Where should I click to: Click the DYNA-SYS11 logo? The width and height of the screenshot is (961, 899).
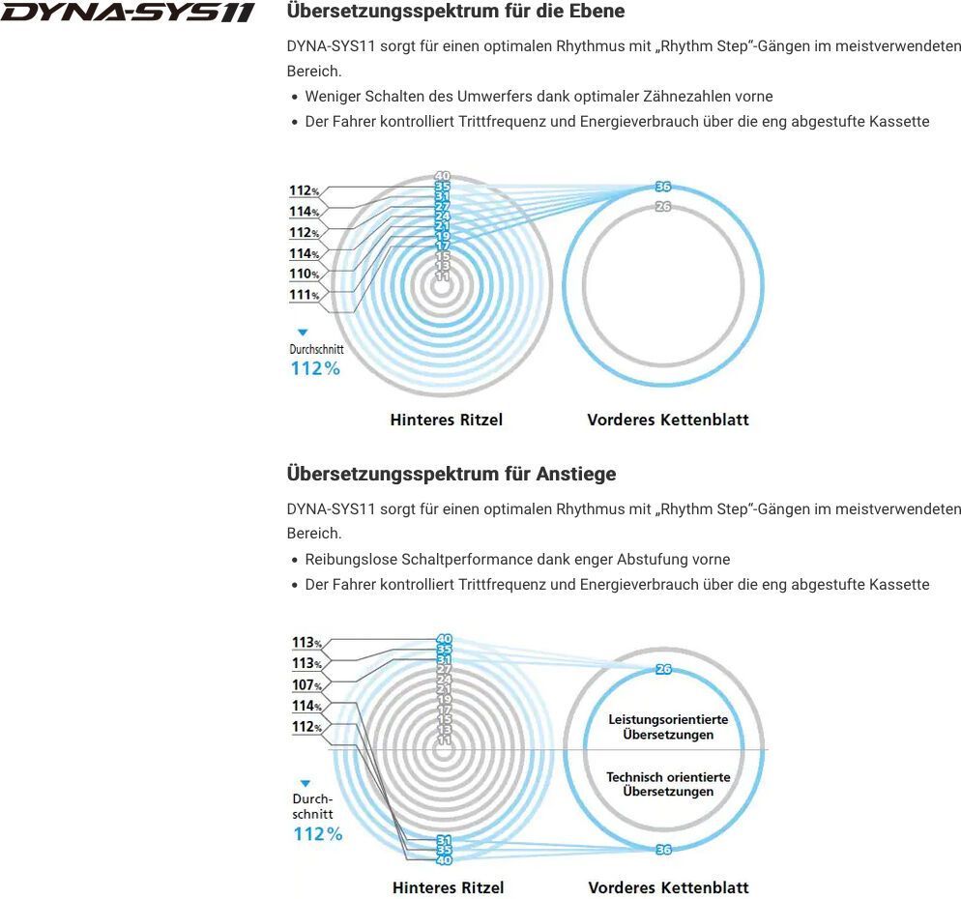[x=128, y=13]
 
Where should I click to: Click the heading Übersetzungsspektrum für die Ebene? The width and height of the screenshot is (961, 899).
[x=455, y=12]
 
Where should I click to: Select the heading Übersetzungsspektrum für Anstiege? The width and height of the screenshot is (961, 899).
[x=451, y=474]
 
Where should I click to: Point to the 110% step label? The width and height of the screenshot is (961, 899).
[x=305, y=275]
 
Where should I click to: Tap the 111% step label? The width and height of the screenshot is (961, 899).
[x=305, y=295]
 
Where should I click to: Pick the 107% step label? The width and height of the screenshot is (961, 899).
[x=306, y=685]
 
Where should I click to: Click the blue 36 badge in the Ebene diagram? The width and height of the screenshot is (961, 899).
[x=662, y=187]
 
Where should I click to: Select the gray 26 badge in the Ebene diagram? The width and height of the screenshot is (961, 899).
[x=662, y=207]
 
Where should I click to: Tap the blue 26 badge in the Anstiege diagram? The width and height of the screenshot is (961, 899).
[x=663, y=669]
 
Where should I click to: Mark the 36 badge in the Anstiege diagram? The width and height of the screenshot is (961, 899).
[x=663, y=850]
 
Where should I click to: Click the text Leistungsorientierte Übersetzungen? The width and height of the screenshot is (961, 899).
[x=668, y=727]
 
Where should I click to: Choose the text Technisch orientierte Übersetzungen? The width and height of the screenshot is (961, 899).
[x=668, y=784]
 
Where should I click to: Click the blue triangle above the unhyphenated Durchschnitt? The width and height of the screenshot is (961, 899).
[x=302, y=333]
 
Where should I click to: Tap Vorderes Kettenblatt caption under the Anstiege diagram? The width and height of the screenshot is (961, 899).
[x=668, y=887]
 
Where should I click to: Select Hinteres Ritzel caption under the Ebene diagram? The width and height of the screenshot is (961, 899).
[x=446, y=420]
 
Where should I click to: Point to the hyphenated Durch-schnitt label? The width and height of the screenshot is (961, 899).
[x=312, y=806]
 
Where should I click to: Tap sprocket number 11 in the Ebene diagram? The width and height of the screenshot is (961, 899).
[x=443, y=276]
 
